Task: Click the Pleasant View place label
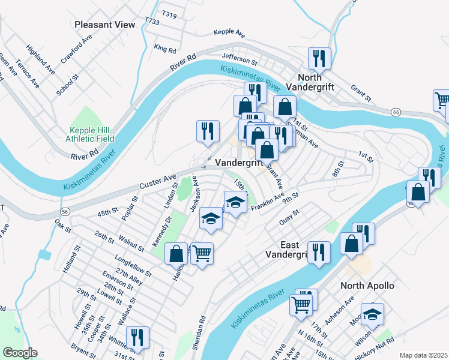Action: (105, 25)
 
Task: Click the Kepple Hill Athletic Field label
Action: (92, 134)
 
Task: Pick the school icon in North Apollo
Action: (372, 313)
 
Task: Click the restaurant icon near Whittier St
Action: (139, 337)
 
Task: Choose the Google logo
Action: (20, 353)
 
